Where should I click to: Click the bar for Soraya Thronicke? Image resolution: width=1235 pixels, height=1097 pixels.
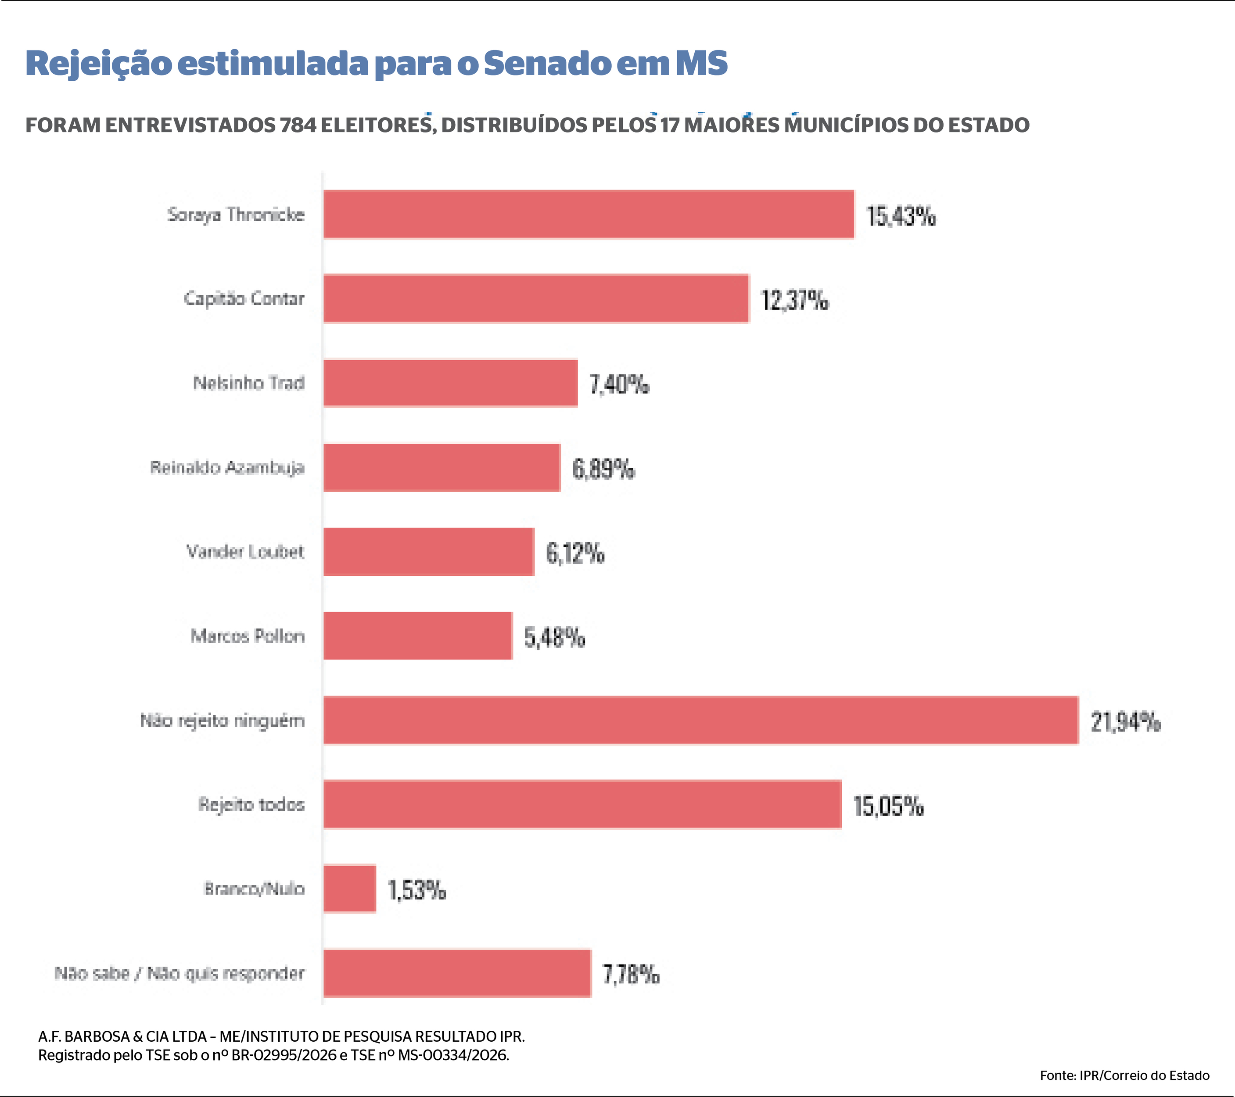click(589, 215)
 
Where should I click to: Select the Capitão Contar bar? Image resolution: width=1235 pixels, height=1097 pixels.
click(536, 298)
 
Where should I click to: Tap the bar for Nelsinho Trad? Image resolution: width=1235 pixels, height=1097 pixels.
click(450, 383)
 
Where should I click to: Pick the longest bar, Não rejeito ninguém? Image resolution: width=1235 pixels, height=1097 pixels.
click(701, 720)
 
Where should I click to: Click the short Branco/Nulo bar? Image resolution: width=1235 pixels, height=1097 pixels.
click(350, 889)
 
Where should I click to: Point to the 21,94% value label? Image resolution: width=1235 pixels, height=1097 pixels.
click(1125, 722)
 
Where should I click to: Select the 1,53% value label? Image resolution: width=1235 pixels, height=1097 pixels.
click(416, 890)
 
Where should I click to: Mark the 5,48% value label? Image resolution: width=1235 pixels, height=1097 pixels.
click(554, 637)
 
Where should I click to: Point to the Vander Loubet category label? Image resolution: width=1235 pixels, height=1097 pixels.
click(245, 552)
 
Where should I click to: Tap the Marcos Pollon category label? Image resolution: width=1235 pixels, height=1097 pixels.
click(248, 636)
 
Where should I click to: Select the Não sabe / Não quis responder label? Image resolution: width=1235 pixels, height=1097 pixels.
click(180, 973)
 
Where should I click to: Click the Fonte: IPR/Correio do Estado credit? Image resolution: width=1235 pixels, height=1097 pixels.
click(1124, 1075)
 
